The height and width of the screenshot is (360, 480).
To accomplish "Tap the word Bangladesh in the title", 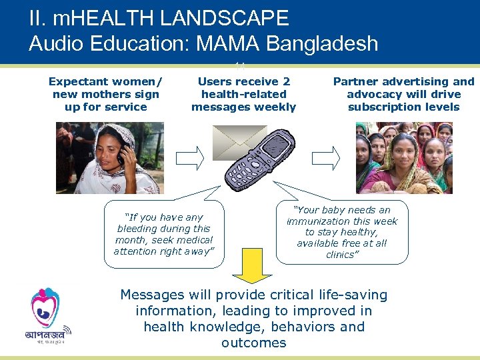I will (x=322, y=43).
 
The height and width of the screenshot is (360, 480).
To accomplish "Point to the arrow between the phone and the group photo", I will (x=326, y=157).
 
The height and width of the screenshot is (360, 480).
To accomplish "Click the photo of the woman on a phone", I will (x=119, y=158).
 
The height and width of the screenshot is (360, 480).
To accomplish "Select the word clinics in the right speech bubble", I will (x=341, y=255).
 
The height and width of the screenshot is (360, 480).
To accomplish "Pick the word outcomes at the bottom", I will (x=254, y=343).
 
